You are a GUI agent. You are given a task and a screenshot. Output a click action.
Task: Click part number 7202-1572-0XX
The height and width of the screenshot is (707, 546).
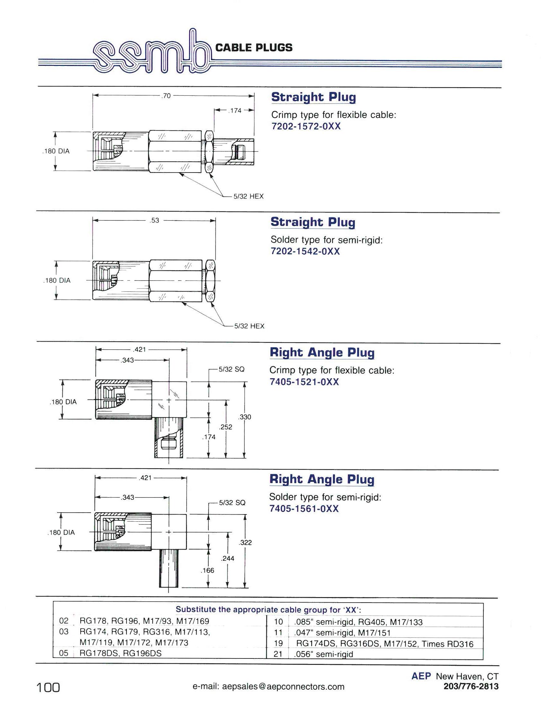[306, 126]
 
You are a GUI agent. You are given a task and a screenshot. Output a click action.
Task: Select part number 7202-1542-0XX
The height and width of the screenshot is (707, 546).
[305, 251]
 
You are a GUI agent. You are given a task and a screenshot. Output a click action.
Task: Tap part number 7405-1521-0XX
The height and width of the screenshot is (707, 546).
[304, 382]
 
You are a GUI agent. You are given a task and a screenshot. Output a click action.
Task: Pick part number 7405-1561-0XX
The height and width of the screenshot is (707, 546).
[304, 509]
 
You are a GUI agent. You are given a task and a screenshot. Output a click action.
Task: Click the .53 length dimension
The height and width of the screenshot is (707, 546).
[155, 221]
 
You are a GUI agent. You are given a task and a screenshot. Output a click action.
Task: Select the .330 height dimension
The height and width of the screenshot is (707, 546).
[244, 417]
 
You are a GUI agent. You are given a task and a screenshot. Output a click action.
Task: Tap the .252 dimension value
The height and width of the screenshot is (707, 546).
[225, 427]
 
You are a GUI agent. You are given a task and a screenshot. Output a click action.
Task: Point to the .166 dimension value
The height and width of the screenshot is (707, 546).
[207, 570]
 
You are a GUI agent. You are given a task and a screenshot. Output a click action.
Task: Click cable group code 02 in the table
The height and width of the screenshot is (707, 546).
[64, 621]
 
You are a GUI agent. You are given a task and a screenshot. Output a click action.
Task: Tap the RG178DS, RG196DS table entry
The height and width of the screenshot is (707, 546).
[120, 653]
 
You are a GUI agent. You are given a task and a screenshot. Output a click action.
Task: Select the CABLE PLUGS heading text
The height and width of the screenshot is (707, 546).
[254, 48]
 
